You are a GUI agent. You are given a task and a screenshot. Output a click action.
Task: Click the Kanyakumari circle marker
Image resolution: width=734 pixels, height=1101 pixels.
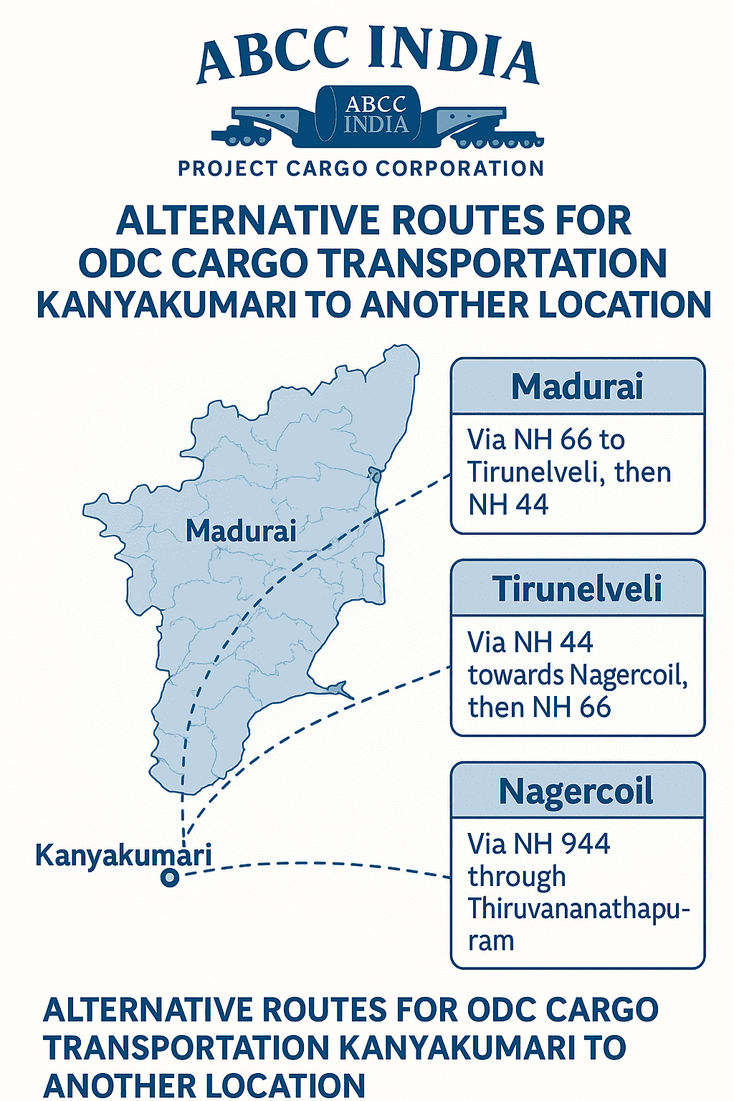(170, 877)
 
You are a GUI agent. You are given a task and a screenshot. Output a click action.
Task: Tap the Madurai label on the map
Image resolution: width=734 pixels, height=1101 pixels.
(241, 531)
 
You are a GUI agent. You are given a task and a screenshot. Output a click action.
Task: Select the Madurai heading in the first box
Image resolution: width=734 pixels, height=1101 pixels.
(577, 386)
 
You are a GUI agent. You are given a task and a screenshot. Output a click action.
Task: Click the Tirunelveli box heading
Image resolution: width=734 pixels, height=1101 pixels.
(577, 588)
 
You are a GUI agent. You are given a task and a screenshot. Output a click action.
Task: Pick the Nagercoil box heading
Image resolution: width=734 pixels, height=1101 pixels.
(576, 791)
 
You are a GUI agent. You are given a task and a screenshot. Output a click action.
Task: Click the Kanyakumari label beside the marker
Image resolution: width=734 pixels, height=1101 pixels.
(123, 855)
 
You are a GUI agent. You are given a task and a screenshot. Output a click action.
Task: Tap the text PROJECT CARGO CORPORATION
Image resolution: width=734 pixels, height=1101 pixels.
(361, 168)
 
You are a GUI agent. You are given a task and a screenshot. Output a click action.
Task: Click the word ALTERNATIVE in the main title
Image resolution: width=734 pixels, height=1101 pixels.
(244, 221)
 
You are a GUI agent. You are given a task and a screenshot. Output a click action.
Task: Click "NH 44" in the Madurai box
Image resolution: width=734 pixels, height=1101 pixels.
(508, 505)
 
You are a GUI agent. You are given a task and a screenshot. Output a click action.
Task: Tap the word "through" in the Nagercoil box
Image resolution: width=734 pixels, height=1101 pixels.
(517, 877)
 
